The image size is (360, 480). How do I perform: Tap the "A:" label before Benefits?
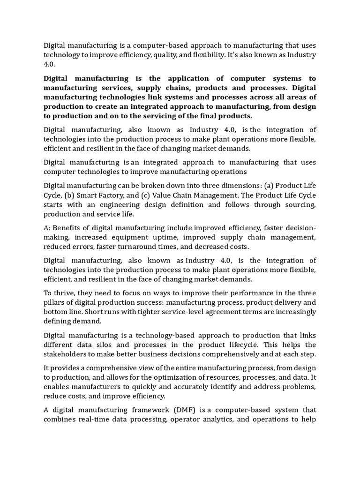[48, 228]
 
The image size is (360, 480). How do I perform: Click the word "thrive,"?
[64, 292]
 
